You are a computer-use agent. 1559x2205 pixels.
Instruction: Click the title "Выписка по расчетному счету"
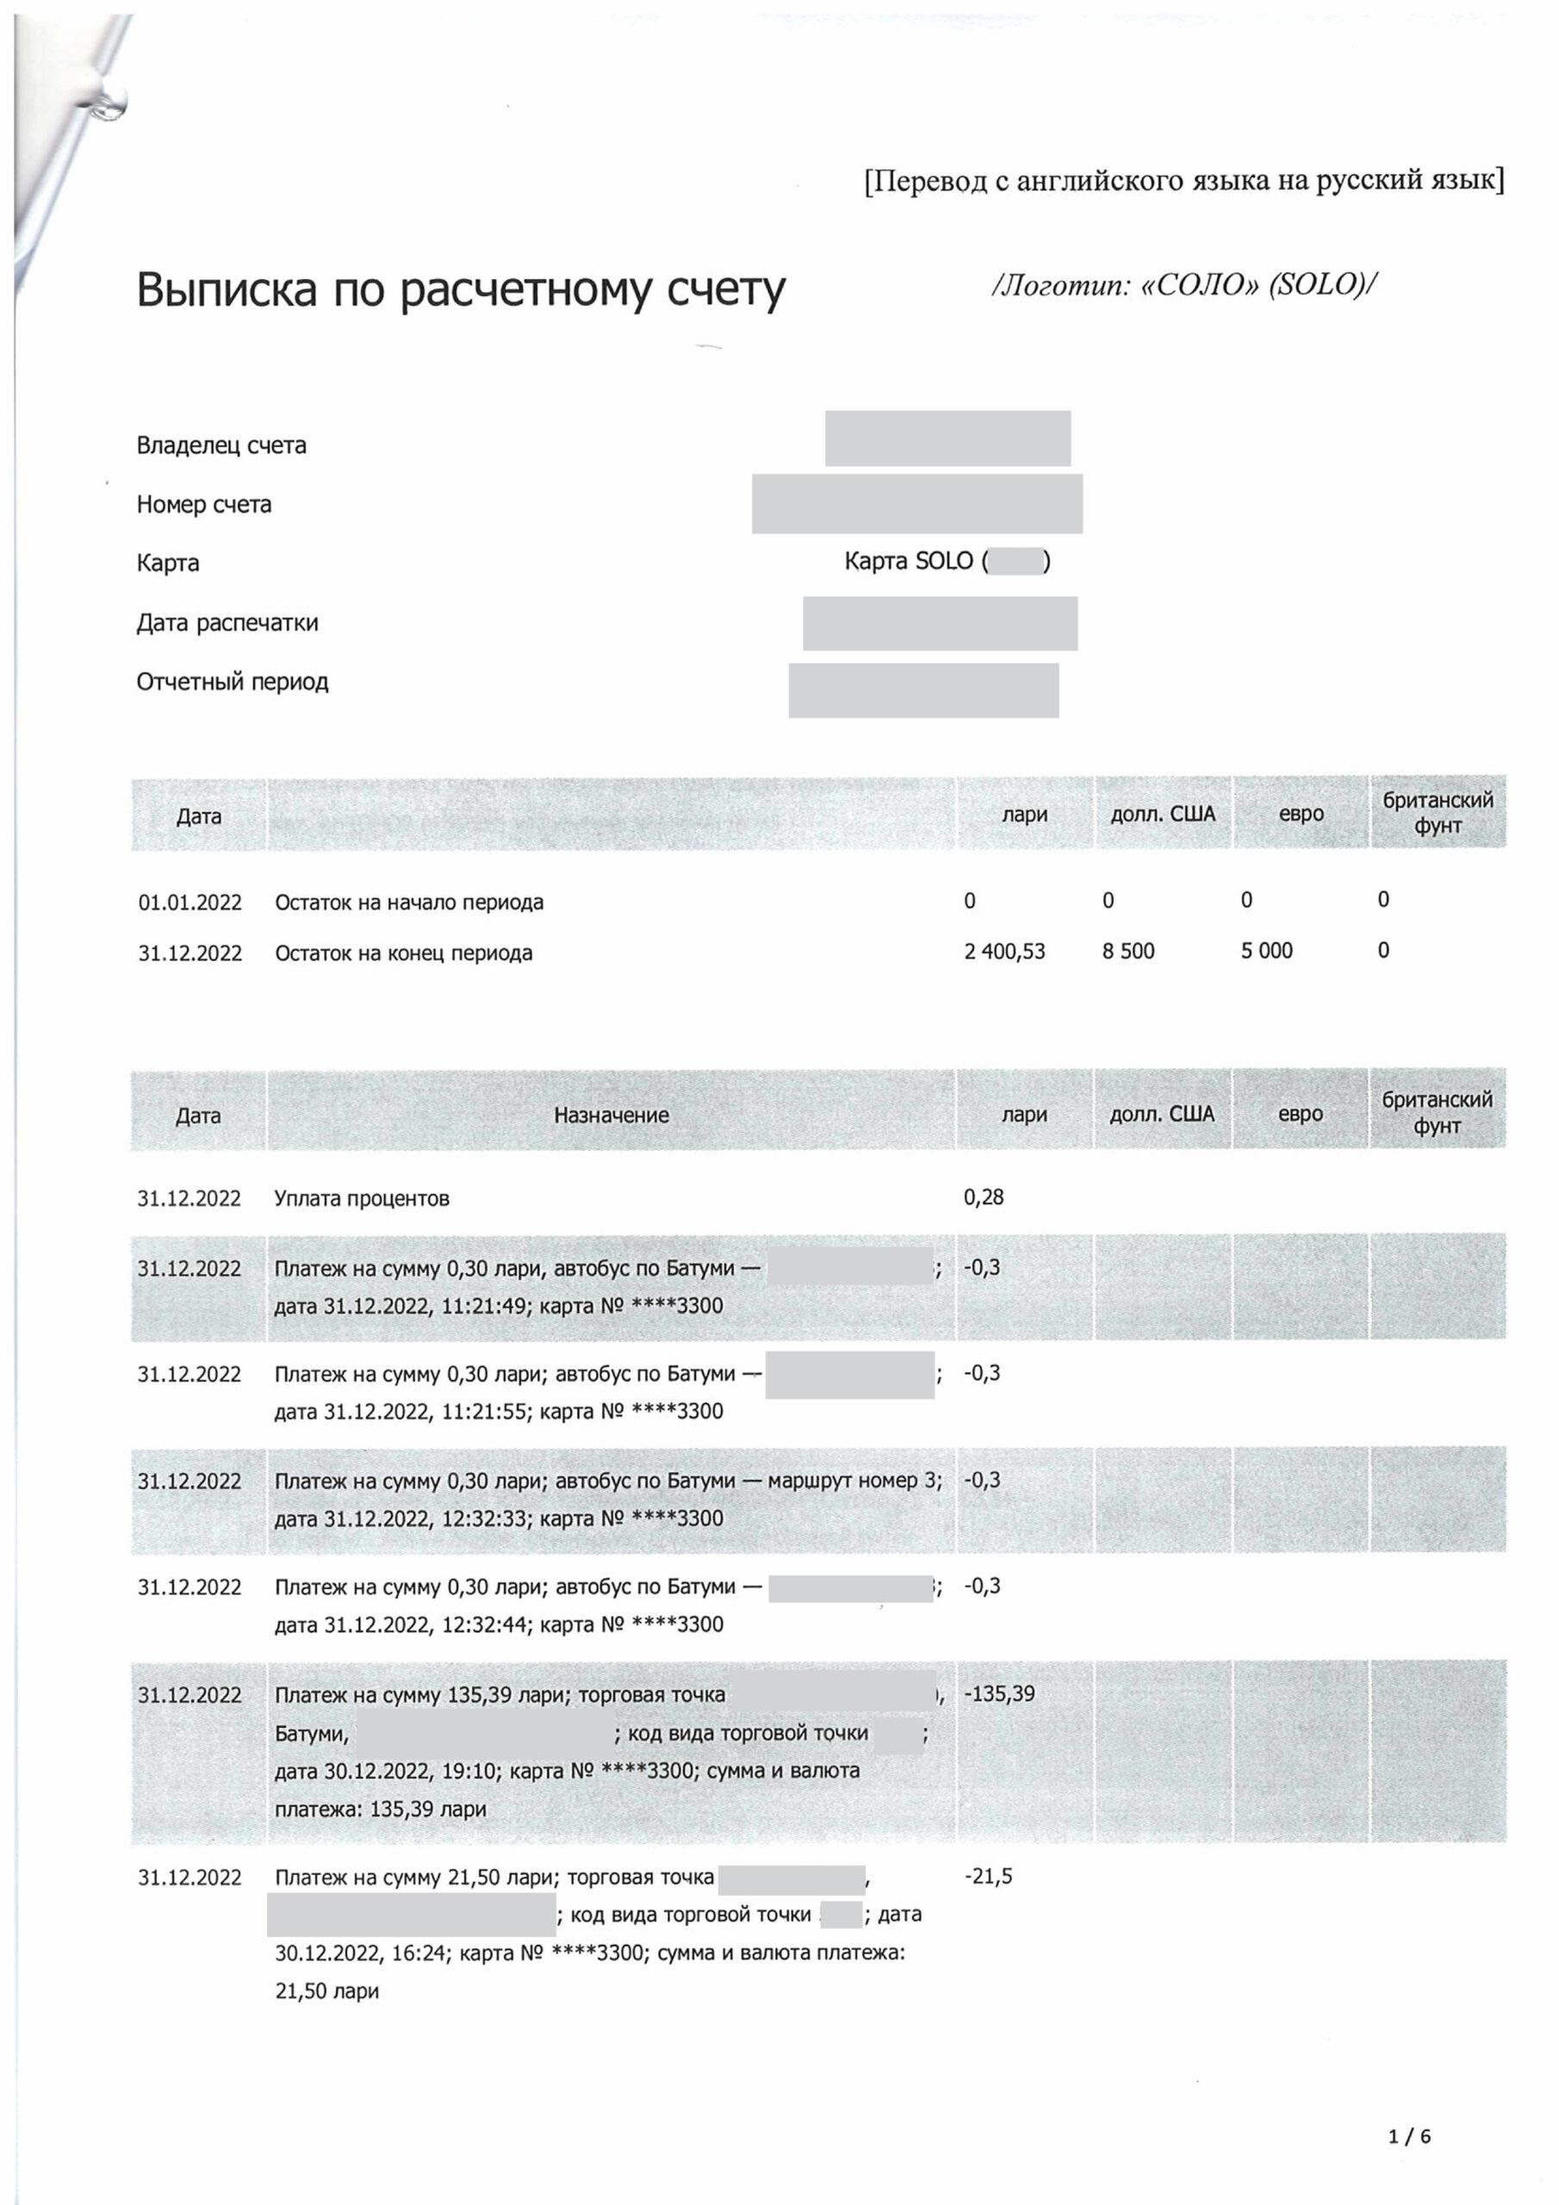coord(460,289)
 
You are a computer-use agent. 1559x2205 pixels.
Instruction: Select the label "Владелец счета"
coord(221,445)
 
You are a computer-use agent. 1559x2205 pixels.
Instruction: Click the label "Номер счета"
coord(203,504)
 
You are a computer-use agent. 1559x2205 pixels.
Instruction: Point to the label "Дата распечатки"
coord(227,623)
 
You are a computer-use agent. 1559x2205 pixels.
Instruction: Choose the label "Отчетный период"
coord(232,682)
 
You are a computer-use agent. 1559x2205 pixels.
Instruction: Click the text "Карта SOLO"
coord(910,561)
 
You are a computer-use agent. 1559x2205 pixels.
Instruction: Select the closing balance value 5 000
coord(1266,951)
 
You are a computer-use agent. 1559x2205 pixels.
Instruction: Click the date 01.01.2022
coord(189,903)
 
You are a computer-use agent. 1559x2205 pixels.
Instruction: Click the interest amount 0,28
coord(984,1196)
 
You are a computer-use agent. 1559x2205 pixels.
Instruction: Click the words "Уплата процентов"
coord(361,1198)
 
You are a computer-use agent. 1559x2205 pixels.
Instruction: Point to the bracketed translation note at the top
coord(1183,180)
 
